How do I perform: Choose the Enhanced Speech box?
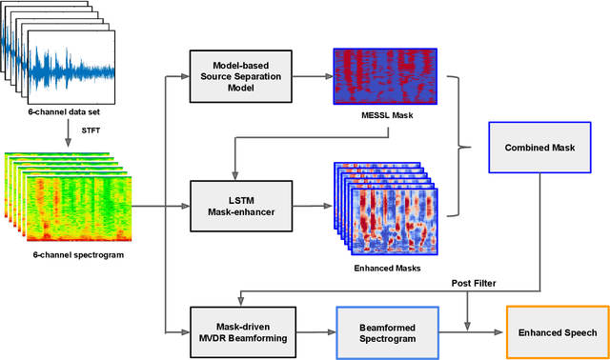pyautogui.click(x=557, y=331)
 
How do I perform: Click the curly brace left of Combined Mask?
pyautogui.click(x=463, y=147)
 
